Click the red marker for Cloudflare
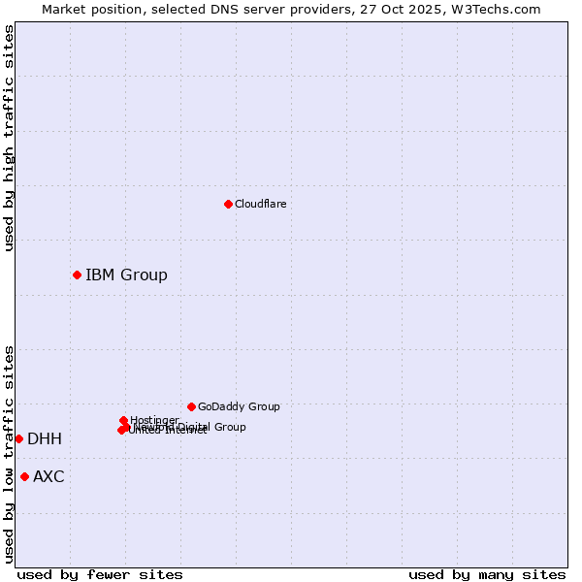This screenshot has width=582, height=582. click(x=228, y=204)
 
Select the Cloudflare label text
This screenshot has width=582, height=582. click(x=260, y=204)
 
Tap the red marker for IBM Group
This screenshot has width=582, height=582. click(x=77, y=275)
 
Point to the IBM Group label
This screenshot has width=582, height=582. click(x=126, y=275)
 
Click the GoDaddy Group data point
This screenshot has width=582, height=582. click(x=191, y=406)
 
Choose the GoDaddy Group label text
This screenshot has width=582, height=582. click(x=239, y=406)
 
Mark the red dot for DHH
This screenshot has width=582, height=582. click(x=18, y=438)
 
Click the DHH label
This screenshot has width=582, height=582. click(x=45, y=439)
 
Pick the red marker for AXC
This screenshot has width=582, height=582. click(x=24, y=476)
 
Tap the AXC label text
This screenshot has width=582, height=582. click(x=48, y=476)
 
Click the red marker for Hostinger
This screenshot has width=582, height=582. click(x=123, y=420)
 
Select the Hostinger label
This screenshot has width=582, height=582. click(x=154, y=420)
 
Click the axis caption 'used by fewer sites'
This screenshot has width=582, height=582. click(x=100, y=574)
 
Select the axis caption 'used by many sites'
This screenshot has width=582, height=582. click(x=487, y=574)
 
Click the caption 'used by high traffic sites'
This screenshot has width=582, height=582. click(x=9, y=138)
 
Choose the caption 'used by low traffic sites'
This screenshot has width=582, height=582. click(x=9, y=454)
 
